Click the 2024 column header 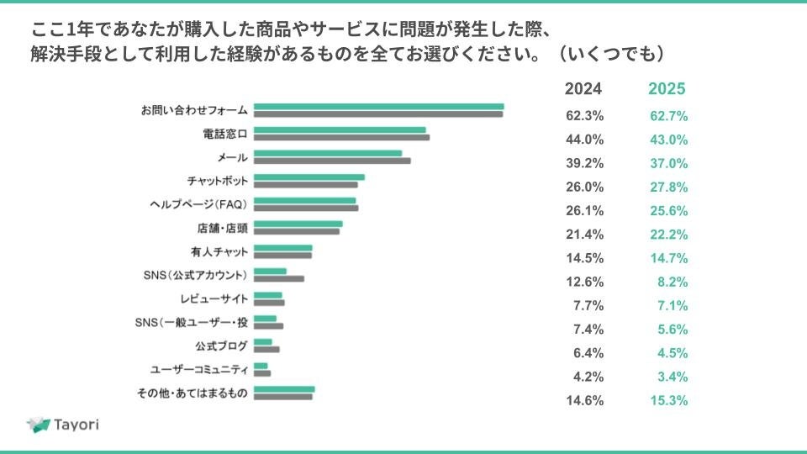point(583,89)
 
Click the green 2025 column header point(667,89)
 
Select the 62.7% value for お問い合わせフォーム point(669,116)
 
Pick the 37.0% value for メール point(669,163)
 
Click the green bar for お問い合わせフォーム point(378,107)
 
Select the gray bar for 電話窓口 point(341,137)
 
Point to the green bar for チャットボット point(309,177)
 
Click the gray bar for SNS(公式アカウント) point(279,278)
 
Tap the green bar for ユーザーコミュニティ point(261,366)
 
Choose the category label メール point(232,157)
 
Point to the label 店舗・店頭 point(216,228)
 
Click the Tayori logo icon point(39,425)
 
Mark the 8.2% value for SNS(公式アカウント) point(674,281)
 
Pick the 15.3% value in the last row point(669,400)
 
